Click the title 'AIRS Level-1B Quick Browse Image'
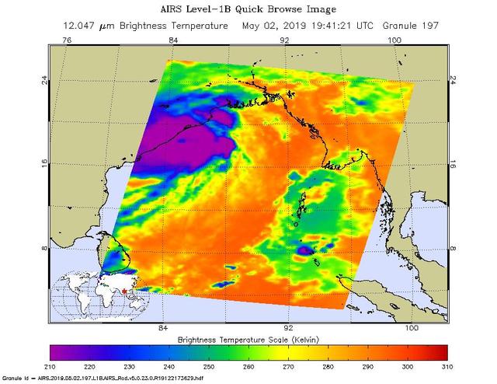[x=248, y=9]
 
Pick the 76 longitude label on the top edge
[x=67, y=40]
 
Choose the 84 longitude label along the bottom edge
[x=163, y=329]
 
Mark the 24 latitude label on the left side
[x=44, y=79]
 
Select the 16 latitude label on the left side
[x=44, y=164]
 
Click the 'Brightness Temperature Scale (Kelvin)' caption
[x=248, y=340]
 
